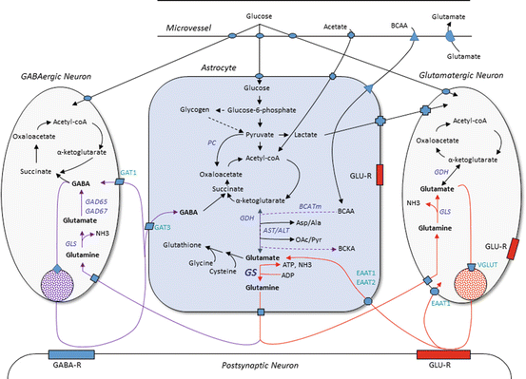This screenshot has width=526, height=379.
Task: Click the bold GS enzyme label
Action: [x=252, y=272]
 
